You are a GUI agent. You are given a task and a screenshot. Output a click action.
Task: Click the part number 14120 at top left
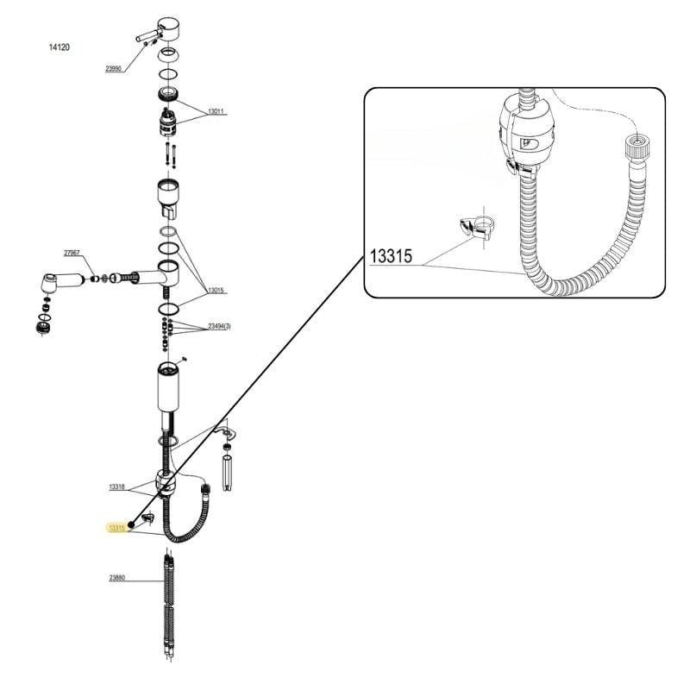[59, 47]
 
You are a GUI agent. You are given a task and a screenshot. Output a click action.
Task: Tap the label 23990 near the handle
[113, 68]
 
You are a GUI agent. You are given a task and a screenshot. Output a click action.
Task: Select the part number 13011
[215, 111]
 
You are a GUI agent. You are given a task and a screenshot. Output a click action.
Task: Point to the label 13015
[215, 291]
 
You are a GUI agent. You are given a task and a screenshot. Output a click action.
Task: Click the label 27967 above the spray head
[72, 253]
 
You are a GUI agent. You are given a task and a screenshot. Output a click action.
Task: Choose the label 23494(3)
[219, 327]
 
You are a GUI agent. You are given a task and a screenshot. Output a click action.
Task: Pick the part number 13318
[116, 487]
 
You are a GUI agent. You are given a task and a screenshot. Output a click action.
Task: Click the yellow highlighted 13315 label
[116, 527]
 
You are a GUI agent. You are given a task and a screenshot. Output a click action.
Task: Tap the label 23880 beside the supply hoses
[116, 578]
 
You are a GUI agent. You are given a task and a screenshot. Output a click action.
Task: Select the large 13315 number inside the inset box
[392, 257]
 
